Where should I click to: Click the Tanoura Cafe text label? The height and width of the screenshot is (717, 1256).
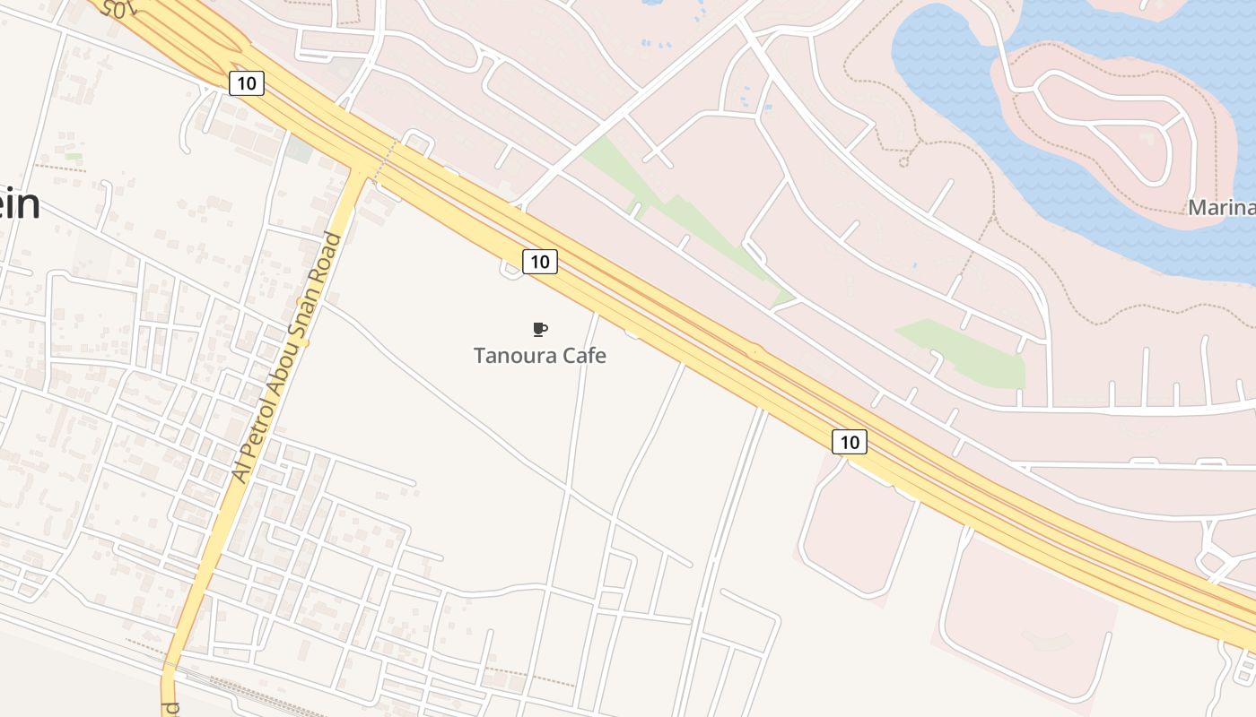click(539, 356)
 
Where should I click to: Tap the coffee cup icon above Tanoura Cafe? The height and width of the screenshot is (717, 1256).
click(539, 329)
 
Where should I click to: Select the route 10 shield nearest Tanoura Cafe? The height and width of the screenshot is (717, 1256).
click(539, 262)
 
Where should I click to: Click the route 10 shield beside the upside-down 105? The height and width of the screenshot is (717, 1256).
click(247, 83)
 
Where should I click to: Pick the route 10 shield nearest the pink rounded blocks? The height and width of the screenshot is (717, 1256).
click(850, 442)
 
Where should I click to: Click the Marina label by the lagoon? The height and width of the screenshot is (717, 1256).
click(1221, 208)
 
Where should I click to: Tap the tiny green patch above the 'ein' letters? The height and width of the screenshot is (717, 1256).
click(74, 157)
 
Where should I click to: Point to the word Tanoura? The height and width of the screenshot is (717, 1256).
click(516, 356)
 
